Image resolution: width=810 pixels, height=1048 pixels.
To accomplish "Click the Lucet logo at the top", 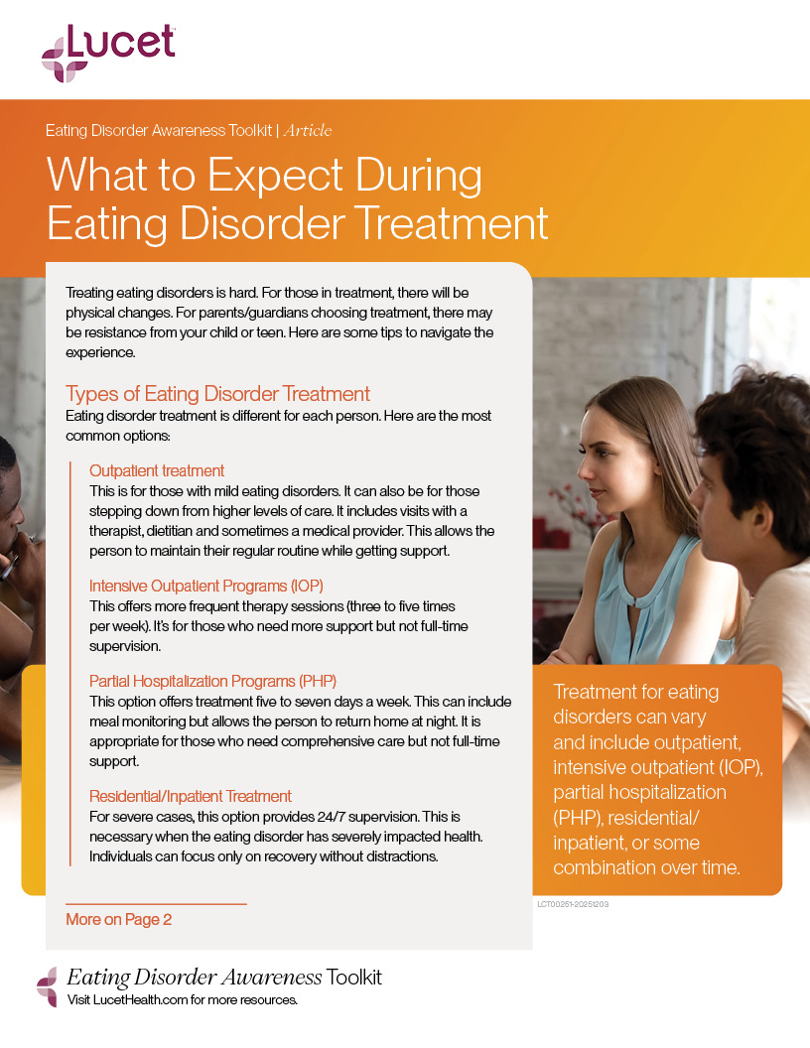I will pyautogui.click(x=108, y=52).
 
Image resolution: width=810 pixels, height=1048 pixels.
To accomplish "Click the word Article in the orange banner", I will pyautogui.click(x=308, y=131).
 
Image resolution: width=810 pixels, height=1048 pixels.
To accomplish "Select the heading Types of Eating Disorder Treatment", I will pyautogui.click(x=217, y=393).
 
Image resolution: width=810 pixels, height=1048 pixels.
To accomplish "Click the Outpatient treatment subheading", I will pyautogui.click(x=157, y=470).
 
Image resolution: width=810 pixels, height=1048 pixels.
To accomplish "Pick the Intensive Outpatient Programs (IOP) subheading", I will pyautogui.click(x=206, y=586).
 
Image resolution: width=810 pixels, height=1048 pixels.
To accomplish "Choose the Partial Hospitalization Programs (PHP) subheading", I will pyautogui.click(x=212, y=681).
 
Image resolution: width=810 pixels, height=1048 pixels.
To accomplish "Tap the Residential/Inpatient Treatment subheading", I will pyautogui.click(x=191, y=796).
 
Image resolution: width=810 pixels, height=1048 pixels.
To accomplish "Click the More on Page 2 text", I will pyautogui.click(x=118, y=920).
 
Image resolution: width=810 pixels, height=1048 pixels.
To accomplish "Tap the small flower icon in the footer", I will pyautogui.click(x=47, y=985).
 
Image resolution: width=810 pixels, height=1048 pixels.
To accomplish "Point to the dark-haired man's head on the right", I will pyautogui.click(x=754, y=437).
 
